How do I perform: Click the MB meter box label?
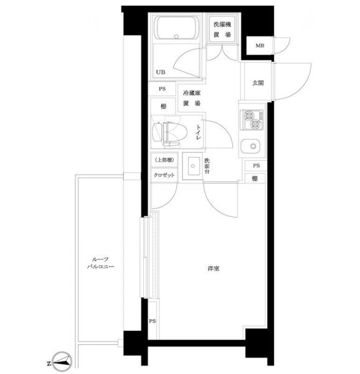pos(260,46)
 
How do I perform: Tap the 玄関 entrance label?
pos(258,83)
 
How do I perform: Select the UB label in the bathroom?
pos(160,72)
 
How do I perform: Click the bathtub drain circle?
pos(176,37)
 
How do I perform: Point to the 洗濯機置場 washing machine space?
pos(222,29)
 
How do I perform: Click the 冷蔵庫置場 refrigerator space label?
pos(192,98)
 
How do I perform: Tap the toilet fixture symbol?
pos(166,134)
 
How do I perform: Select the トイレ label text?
pos(198,132)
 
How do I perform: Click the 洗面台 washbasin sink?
pos(192,166)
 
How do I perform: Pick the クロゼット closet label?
pos(164,175)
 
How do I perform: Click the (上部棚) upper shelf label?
pos(164,160)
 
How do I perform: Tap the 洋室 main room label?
pos(214,269)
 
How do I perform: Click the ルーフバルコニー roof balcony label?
pos(100,263)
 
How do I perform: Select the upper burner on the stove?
pos(249,116)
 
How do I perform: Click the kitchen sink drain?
pos(253,146)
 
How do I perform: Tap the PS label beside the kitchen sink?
pos(257,166)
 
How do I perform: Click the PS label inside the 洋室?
pos(153,321)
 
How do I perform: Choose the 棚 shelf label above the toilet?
pos(163,107)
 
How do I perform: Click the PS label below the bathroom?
pos(163,89)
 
